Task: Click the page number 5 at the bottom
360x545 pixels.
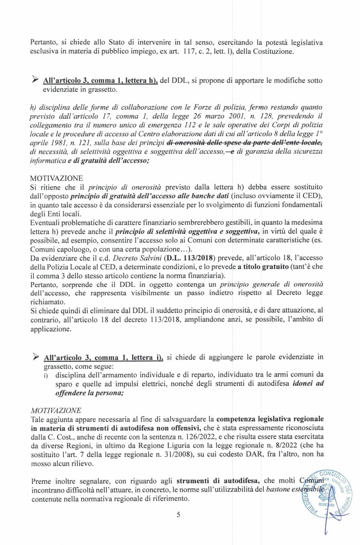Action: pos(178,515)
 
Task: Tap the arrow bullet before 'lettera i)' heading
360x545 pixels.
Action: pos(35,357)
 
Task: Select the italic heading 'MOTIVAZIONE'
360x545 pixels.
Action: pos(56,410)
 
